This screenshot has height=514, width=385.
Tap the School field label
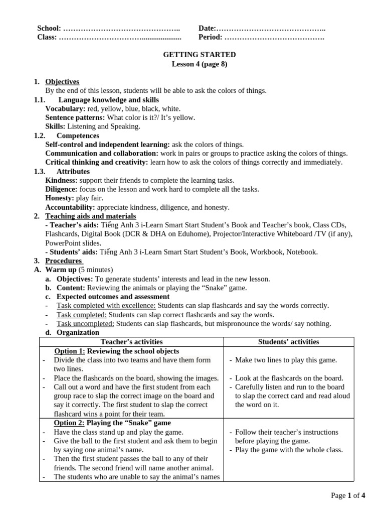pos(49,29)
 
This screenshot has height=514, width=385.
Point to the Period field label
pos(210,37)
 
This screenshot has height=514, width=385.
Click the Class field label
pos(47,37)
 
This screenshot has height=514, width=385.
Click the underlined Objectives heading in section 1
pos(62,82)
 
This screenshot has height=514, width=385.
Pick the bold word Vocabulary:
pos(65,108)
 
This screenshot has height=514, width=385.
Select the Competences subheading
pos(78,136)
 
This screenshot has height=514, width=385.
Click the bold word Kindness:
pos(62,180)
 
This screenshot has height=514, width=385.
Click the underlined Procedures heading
pos(64,261)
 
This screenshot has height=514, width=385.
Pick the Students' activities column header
pos(288,342)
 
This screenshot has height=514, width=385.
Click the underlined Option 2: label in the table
pos(69,423)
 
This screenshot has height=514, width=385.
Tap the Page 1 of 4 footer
pos(348,496)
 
